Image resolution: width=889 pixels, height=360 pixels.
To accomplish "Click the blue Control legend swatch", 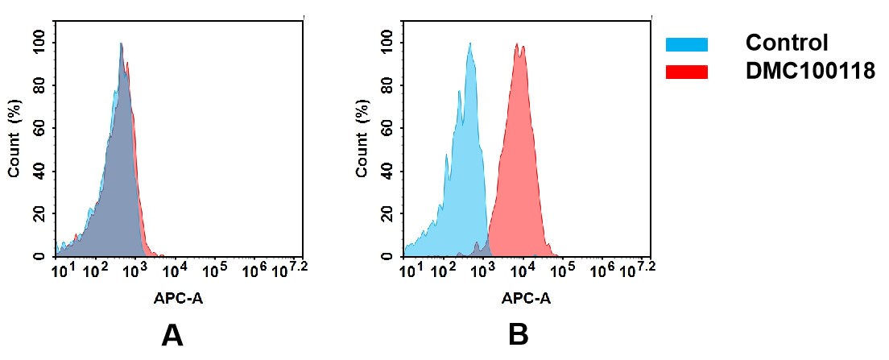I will (x=686, y=43).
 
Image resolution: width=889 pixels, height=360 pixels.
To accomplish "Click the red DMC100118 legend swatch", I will (x=686, y=72).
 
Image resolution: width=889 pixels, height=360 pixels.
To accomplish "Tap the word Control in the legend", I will (x=787, y=43).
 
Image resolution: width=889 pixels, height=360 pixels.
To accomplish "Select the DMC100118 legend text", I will (x=810, y=72).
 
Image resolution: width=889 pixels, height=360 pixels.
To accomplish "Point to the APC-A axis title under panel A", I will (x=179, y=299).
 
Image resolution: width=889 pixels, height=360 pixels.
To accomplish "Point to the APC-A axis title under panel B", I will (x=526, y=299).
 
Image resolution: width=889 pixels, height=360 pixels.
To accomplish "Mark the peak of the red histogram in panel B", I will (x=516, y=45).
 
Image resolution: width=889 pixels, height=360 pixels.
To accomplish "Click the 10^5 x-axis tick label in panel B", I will (x=564, y=270).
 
